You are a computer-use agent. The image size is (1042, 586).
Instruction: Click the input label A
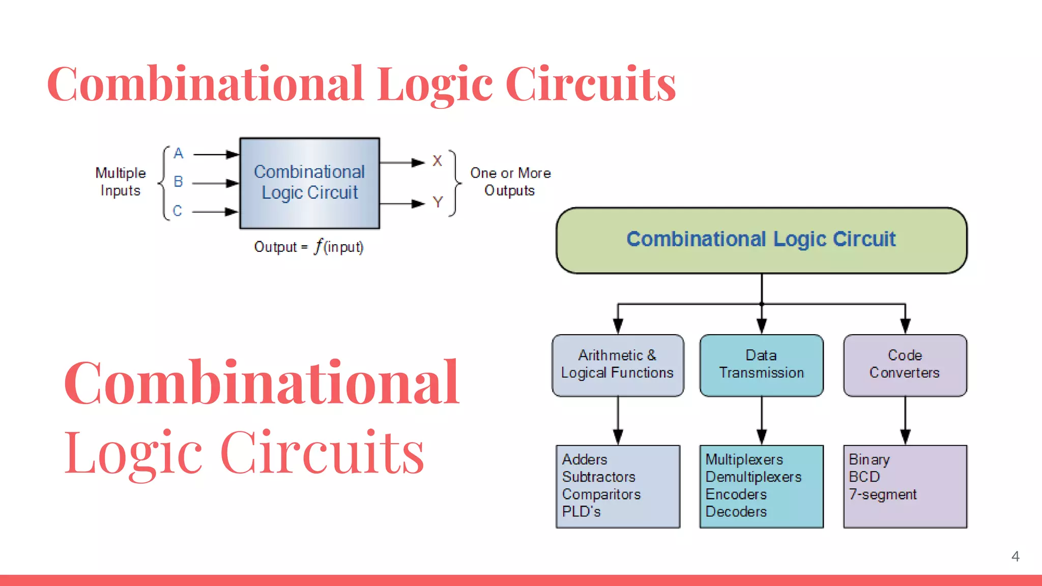point(178,153)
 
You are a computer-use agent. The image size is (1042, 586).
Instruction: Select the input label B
point(178,182)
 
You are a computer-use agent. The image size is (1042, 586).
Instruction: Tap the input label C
point(178,211)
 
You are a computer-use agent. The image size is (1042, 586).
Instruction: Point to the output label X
point(437,161)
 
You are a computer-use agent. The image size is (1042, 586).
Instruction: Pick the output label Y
point(438,202)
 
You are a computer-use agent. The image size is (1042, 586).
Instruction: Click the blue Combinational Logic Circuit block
point(309,183)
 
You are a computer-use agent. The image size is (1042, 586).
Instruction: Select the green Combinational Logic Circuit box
point(761,240)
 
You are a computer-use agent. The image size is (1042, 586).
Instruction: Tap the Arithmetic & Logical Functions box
point(618,365)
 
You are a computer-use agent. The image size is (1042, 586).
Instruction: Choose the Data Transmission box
point(761,365)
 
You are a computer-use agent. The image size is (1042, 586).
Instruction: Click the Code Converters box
point(905,365)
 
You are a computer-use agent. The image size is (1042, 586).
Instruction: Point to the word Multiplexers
point(744,460)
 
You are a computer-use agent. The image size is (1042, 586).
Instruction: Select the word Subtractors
point(599,477)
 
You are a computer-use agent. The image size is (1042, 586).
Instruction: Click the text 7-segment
point(883,494)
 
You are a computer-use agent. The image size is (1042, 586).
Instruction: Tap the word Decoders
point(736,512)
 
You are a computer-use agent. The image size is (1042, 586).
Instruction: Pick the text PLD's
point(582,512)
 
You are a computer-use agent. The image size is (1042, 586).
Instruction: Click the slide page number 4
point(1015,556)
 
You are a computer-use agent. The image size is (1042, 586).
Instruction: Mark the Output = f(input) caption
point(309,247)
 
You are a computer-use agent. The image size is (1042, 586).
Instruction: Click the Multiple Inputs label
point(121,182)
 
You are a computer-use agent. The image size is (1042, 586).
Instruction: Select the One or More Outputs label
point(510,182)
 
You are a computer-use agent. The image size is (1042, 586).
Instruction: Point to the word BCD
point(864,477)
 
